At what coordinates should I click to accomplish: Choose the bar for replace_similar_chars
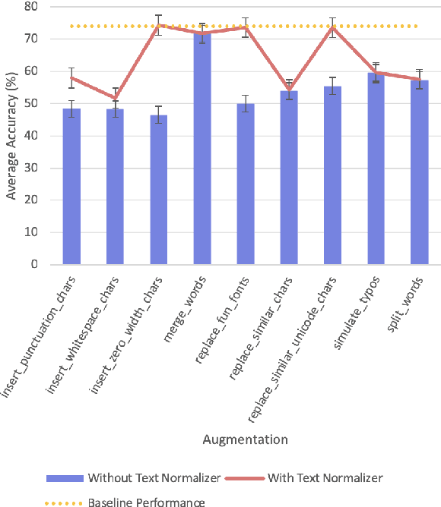point(289,178)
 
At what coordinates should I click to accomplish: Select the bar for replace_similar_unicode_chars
point(332,175)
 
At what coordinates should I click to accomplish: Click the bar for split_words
point(419,172)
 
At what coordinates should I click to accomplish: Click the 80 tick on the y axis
point(34,7)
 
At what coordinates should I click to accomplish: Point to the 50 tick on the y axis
point(34,103)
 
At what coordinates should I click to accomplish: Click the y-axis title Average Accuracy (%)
point(11,137)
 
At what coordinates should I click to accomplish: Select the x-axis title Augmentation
point(245,439)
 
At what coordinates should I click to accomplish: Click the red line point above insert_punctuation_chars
point(71,77)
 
